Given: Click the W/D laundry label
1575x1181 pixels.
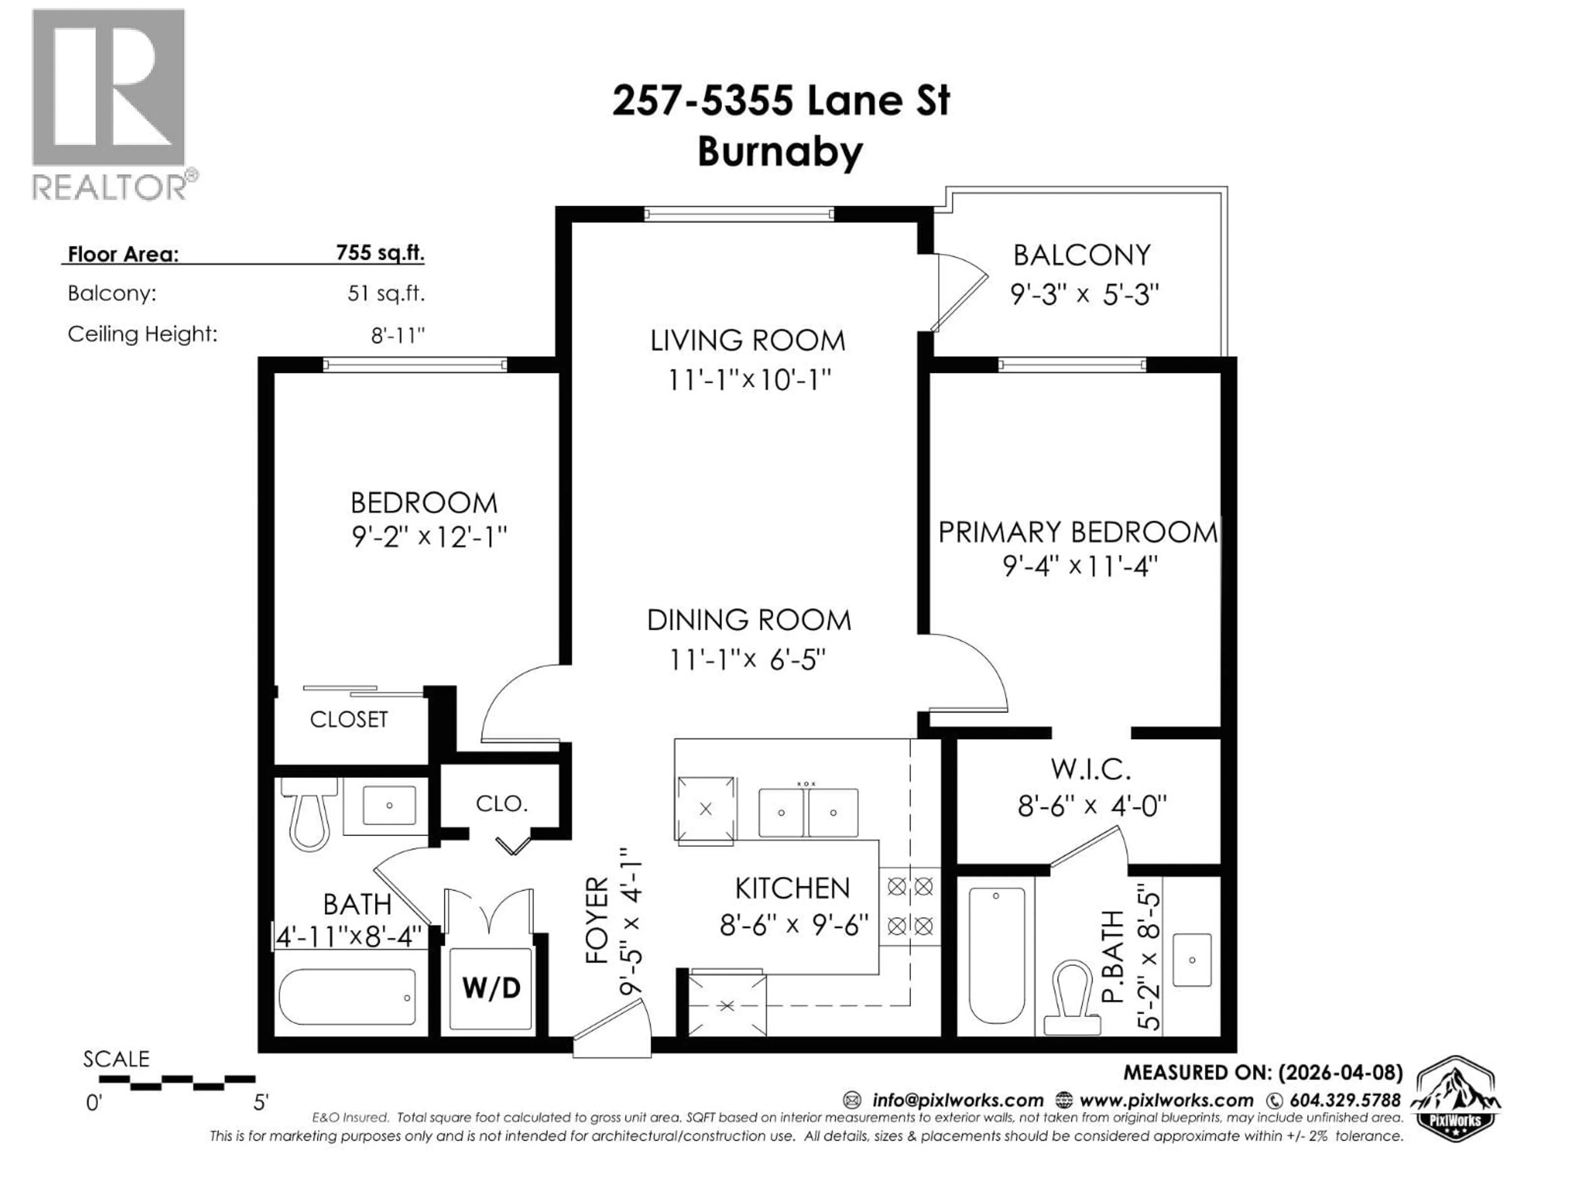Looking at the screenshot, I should pyautogui.click(x=491, y=988).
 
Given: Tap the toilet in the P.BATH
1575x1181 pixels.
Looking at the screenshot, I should pyautogui.click(x=1072, y=996).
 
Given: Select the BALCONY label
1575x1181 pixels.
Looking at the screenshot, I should pyautogui.click(x=1082, y=255).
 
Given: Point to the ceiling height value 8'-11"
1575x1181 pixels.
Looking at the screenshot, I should pyautogui.click(x=397, y=335).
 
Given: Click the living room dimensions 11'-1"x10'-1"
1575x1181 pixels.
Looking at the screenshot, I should pyautogui.click(x=749, y=379).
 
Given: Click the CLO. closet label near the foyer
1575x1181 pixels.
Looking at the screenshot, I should pyautogui.click(x=501, y=803).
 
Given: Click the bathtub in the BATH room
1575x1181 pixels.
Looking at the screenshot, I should pyautogui.click(x=347, y=996).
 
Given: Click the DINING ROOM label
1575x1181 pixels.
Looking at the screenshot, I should pyautogui.click(x=749, y=620).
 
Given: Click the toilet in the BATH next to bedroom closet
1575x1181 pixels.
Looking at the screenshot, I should pyautogui.click(x=310, y=815).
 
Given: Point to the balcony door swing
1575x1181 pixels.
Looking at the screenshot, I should pyautogui.click(x=961, y=292).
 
